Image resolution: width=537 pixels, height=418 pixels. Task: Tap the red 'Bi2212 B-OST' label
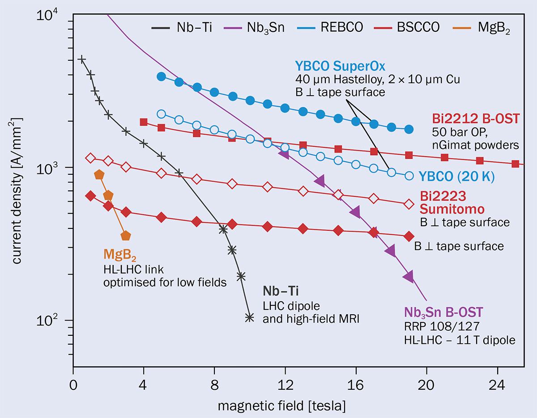pos(476,119)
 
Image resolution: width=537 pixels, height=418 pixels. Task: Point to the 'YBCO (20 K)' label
pos(456,177)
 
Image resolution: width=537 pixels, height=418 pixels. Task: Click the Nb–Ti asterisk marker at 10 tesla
pos(250,317)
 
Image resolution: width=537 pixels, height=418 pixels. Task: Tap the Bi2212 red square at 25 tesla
pos(515,164)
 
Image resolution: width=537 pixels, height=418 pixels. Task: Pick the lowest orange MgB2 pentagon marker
pos(126,236)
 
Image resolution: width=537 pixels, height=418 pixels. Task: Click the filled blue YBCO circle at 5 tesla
pos(162,76)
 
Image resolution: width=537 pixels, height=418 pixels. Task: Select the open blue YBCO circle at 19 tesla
pos(409,176)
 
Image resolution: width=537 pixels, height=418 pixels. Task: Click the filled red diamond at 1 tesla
pos(90,196)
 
